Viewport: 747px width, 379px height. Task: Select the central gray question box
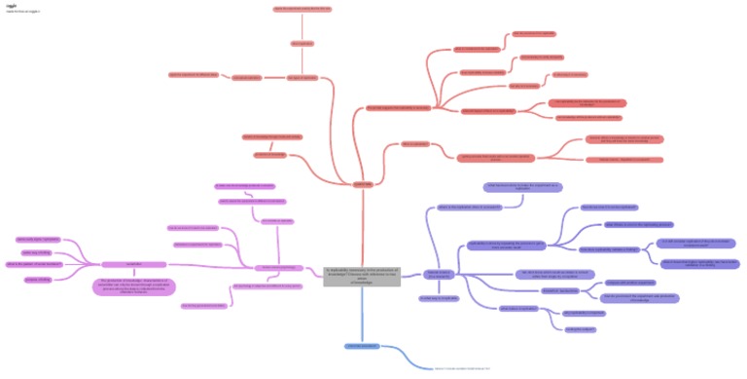point(361,276)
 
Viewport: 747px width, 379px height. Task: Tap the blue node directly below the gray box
point(361,346)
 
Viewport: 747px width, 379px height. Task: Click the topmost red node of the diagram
point(302,9)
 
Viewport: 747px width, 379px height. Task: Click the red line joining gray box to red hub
point(362,224)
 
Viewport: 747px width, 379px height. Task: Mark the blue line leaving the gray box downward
point(362,317)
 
